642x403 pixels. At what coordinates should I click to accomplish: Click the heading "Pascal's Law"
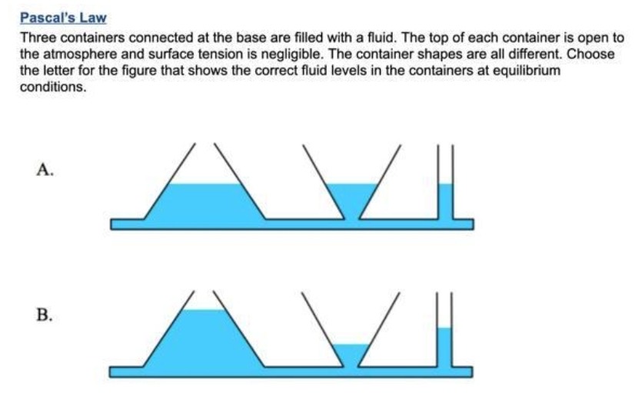[63, 17]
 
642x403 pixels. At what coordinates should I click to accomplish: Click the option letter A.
[44, 170]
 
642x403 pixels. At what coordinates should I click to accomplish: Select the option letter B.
[44, 315]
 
